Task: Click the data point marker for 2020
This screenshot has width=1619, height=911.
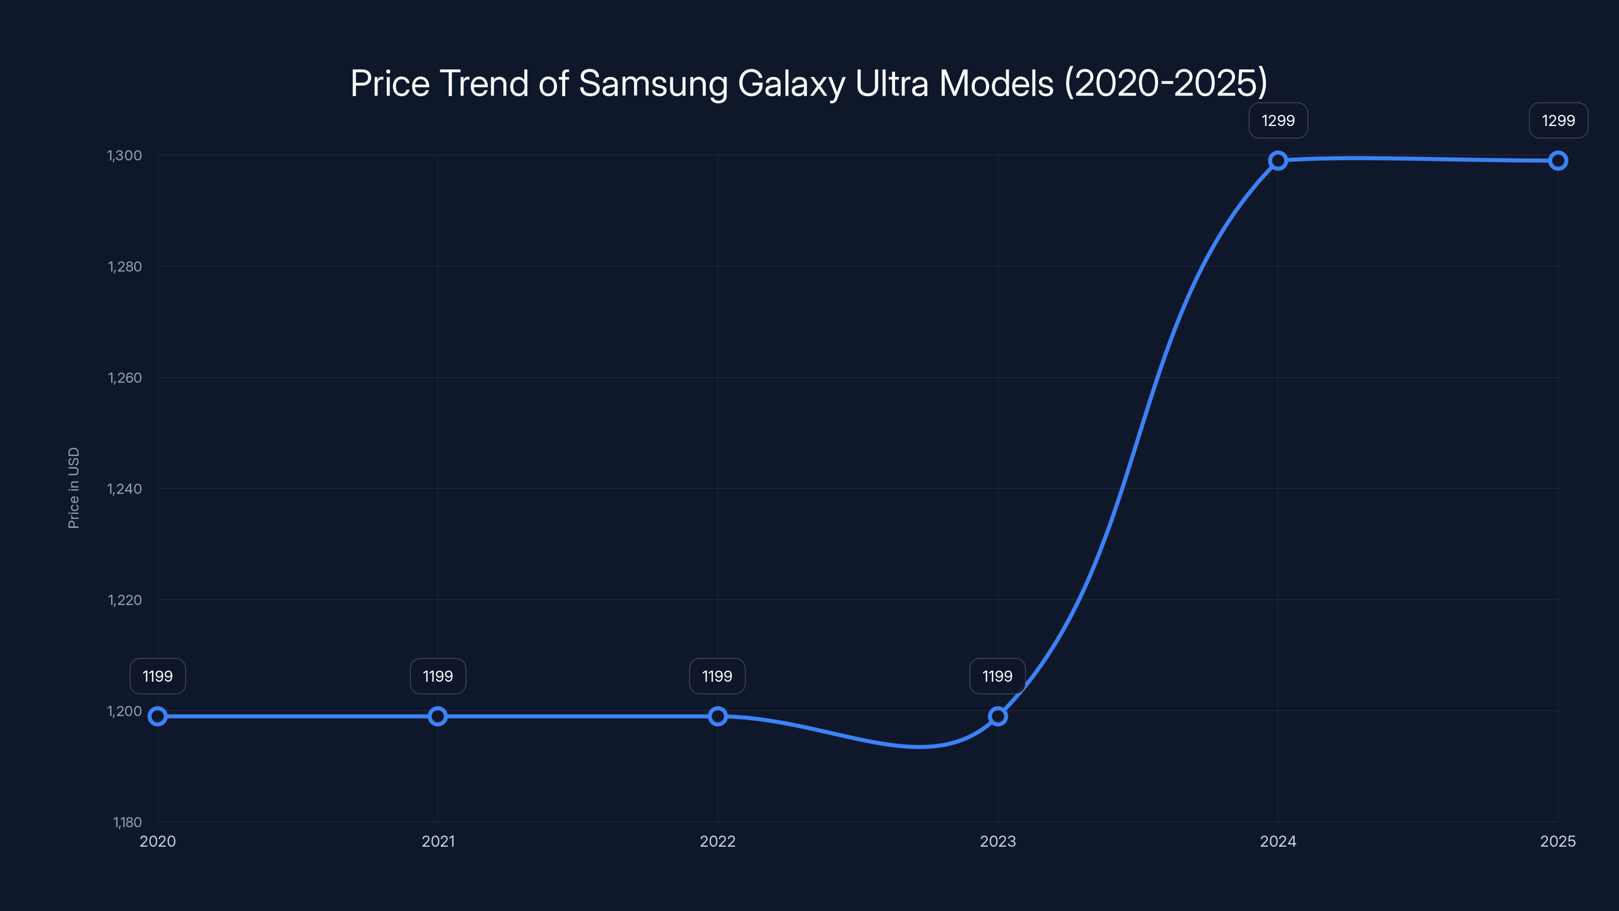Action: tap(158, 716)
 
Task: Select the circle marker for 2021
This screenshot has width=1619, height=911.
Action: tap(438, 716)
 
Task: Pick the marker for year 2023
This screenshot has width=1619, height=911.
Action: tap(997, 716)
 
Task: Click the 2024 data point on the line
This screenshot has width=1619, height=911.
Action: tap(1277, 160)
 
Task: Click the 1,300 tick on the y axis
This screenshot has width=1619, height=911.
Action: tap(124, 155)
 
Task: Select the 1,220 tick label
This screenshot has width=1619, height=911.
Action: tap(124, 600)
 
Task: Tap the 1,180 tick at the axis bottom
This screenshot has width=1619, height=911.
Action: tap(127, 822)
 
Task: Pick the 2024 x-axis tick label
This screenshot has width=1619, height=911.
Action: tap(1277, 841)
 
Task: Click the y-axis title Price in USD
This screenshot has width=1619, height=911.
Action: tap(73, 488)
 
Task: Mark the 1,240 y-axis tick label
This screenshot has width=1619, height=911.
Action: tap(124, 488)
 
